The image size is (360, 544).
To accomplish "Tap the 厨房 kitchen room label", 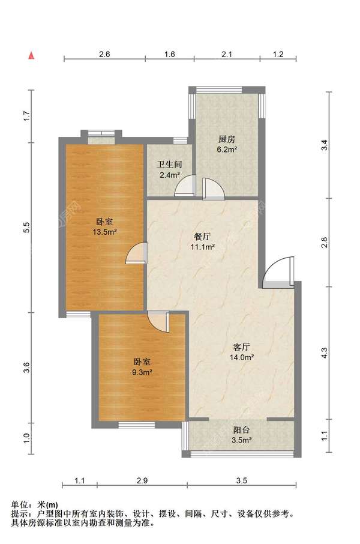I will (227, 139).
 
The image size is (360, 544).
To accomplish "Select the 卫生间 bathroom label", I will (170, 164).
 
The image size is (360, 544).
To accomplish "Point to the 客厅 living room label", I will (242, 346).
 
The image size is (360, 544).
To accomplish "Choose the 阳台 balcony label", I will (242, 430).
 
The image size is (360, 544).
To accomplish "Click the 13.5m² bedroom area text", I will (104, 231).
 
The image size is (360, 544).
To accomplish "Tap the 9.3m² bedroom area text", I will (142, 372).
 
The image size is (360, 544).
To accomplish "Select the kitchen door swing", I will (213, 189).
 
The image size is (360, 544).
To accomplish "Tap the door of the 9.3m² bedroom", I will (159, 321).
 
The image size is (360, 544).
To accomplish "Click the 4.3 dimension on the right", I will (325, 353).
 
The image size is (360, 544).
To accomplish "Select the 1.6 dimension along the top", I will (169, 54).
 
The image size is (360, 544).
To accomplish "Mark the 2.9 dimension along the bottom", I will (142, 480).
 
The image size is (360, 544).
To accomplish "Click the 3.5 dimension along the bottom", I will (241, 480).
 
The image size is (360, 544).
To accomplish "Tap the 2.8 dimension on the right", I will (325, 243).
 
